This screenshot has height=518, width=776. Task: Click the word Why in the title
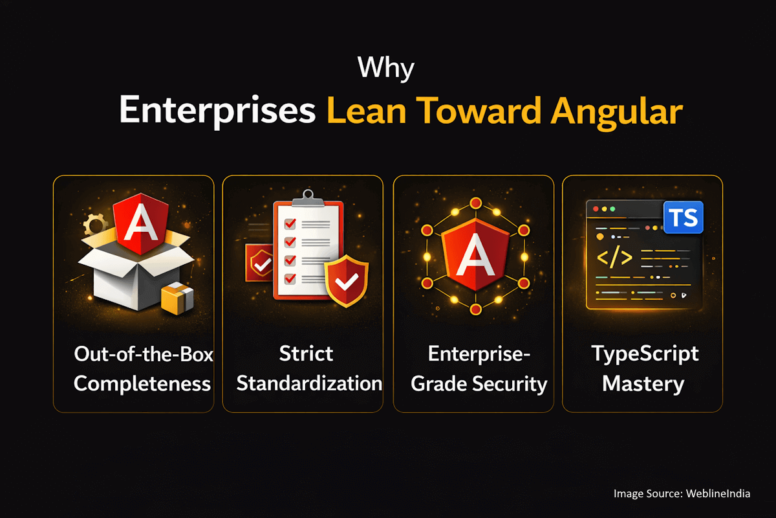(x=387, y=68)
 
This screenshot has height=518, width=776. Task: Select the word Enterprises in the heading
(x=217, y=111)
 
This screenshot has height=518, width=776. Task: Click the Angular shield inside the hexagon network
(x=473, y=254)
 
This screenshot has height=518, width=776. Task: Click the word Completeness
(x=142, y=383)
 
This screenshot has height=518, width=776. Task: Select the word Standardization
(x=309, y=383)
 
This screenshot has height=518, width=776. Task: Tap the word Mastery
(x=643, y=383)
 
